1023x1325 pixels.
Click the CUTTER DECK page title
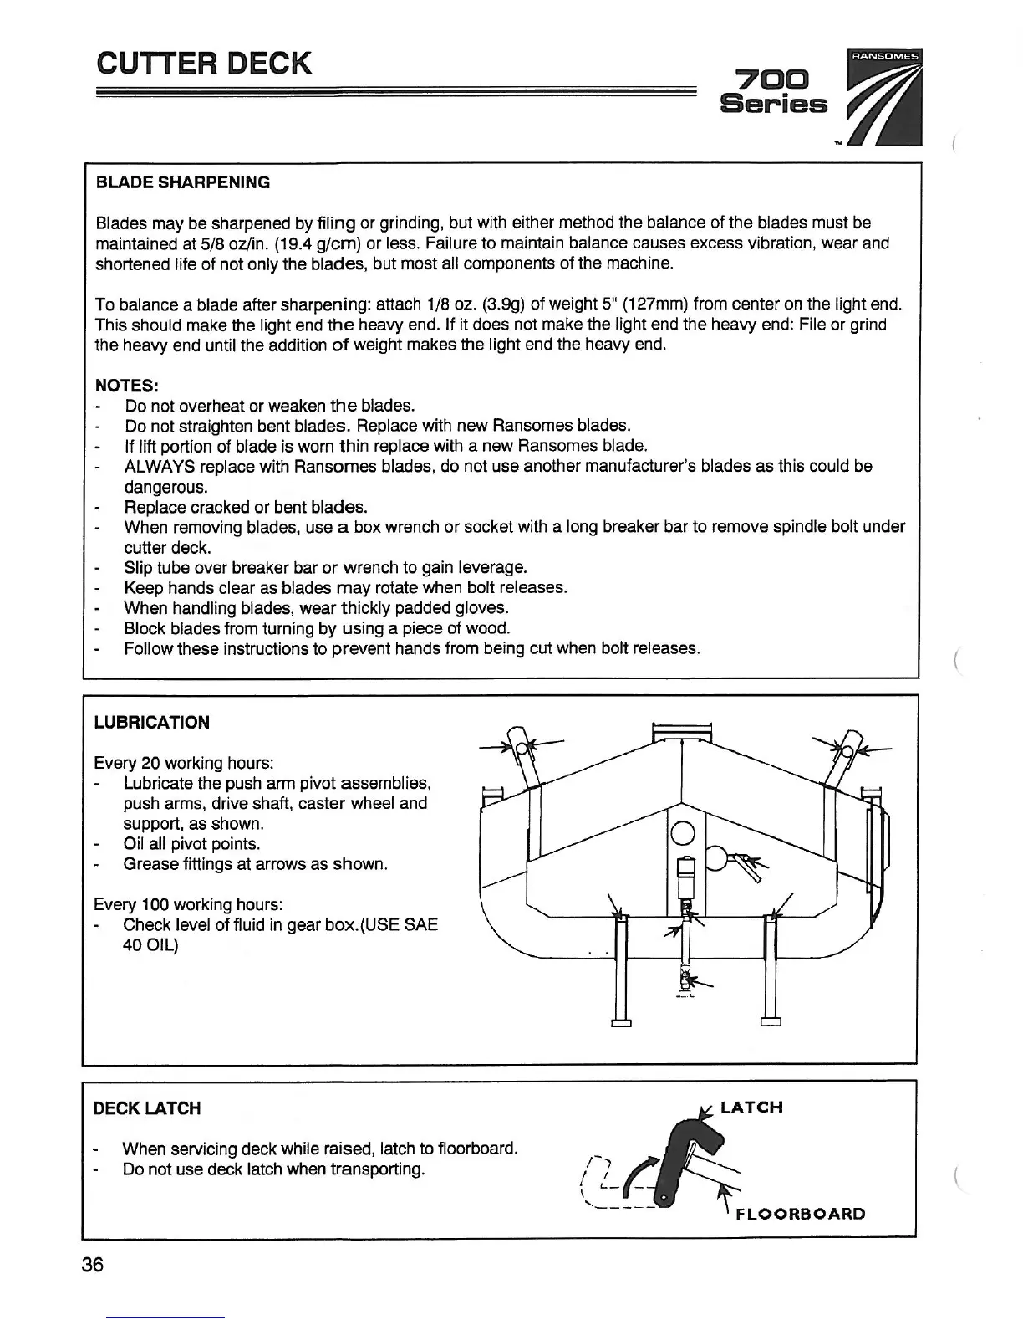pos(204,64)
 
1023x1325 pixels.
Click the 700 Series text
pos(773,93)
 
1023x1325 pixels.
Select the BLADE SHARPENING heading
pos(183,182)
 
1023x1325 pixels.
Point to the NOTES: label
pos(127,386)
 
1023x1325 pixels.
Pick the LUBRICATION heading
pos(151,723)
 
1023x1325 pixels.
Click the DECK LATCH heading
pos(146,1108)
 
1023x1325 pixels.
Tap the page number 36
pos(93,1264)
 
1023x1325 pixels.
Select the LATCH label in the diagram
pos(751,1108)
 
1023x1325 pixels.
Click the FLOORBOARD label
pos(800,1214)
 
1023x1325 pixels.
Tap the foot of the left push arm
pos(621,1021)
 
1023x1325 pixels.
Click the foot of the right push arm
pos(771,1021)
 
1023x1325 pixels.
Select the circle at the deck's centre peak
pos(683,833)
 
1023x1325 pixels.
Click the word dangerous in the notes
pos(165,487)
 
